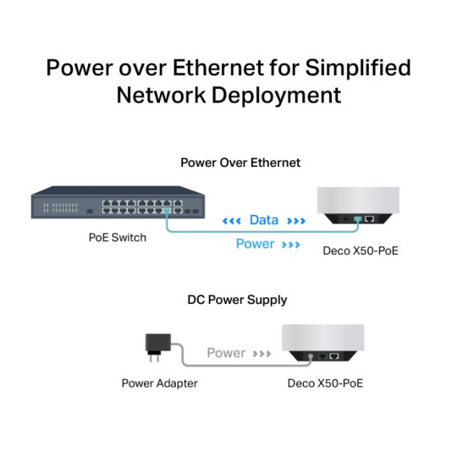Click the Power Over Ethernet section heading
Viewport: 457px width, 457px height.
pos(240,162)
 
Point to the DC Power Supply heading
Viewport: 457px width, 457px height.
pos(237,300)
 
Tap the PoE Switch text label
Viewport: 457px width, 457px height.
pos(117,238)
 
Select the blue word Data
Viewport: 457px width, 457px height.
pos(263,220)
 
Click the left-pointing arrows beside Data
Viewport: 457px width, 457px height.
pos(231,221)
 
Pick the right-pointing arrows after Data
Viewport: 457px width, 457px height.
pos(296,221)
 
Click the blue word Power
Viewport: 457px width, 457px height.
pos(255,244)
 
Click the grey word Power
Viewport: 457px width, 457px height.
pos(226,353)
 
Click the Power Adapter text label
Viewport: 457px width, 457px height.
pos(159,383)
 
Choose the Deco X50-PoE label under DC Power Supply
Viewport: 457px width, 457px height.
pos(326,383)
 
